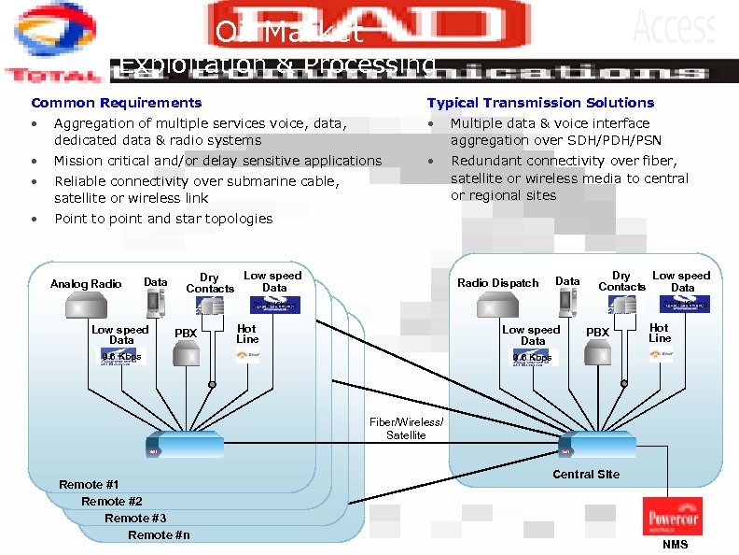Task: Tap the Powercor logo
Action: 674,517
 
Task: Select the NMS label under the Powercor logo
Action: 675,545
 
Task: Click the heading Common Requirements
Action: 116,103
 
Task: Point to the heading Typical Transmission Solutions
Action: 540,103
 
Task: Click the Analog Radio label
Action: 86,284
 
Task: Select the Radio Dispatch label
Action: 498,283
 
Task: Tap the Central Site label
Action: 586,474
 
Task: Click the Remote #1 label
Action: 89,484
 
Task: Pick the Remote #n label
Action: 159,534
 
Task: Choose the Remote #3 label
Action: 135,518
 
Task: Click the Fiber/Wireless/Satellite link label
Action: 407,429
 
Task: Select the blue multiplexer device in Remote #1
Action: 184,444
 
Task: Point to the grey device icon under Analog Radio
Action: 87,305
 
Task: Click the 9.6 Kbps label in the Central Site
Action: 533,358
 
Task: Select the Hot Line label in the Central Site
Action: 660,333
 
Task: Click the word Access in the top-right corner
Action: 675,27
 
